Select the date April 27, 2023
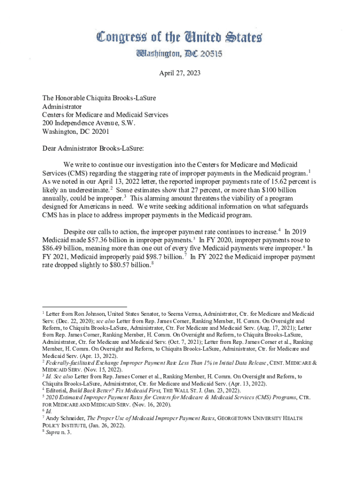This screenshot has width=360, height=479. coord(180,73)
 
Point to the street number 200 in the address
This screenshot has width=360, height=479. coord(49,123)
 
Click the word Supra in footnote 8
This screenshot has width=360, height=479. coord(53,432)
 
